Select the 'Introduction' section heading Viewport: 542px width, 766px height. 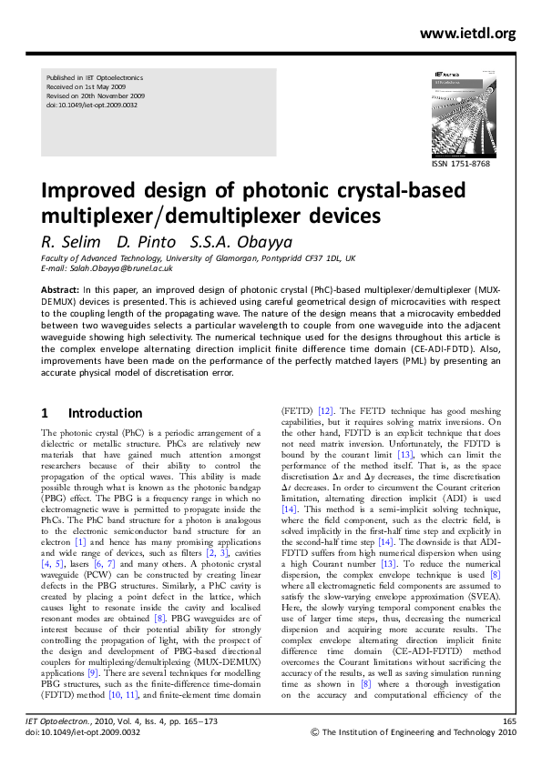point(105,413)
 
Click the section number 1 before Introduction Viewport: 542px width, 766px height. point(46,413)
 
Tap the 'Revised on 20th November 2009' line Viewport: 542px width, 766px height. point(95,97)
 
